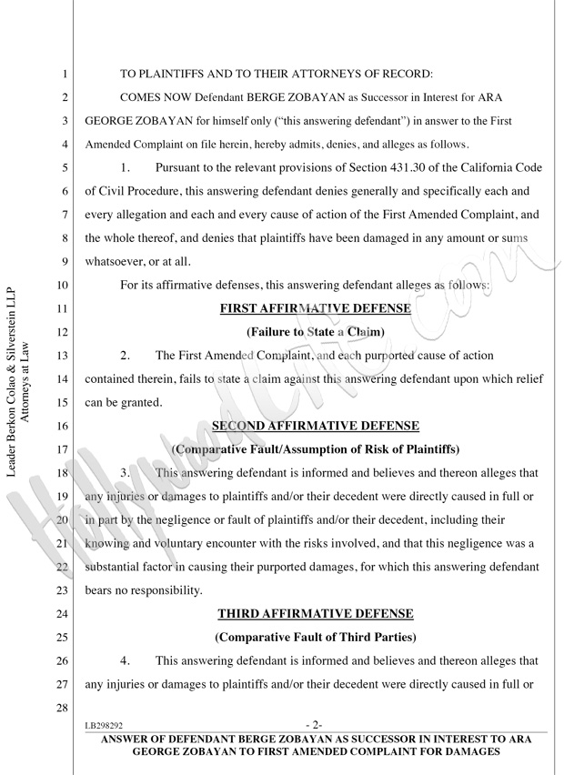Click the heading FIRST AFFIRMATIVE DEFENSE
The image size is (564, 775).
[315, 308]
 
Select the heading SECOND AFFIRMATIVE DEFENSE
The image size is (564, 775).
[315, 425]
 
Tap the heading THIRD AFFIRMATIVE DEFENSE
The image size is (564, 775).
[315, 613]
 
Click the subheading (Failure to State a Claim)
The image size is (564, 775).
[315, 332]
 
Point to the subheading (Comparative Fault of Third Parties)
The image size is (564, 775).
[315, 638]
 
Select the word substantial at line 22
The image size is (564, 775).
[117, 567]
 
